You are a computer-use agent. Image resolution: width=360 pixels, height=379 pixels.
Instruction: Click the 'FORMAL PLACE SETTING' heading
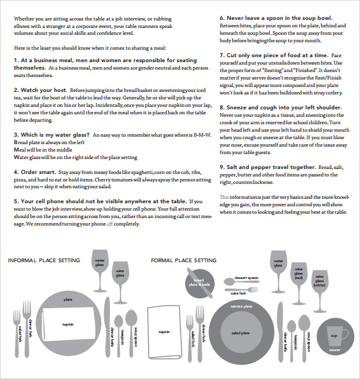[184, 260]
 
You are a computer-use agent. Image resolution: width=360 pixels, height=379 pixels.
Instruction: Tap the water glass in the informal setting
[99, 263]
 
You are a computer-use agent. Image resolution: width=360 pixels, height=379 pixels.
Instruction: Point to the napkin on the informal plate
[68, 324]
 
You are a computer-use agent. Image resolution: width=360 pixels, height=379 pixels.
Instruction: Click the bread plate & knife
[199, 282]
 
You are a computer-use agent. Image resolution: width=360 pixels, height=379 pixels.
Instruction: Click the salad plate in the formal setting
[240, 332]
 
